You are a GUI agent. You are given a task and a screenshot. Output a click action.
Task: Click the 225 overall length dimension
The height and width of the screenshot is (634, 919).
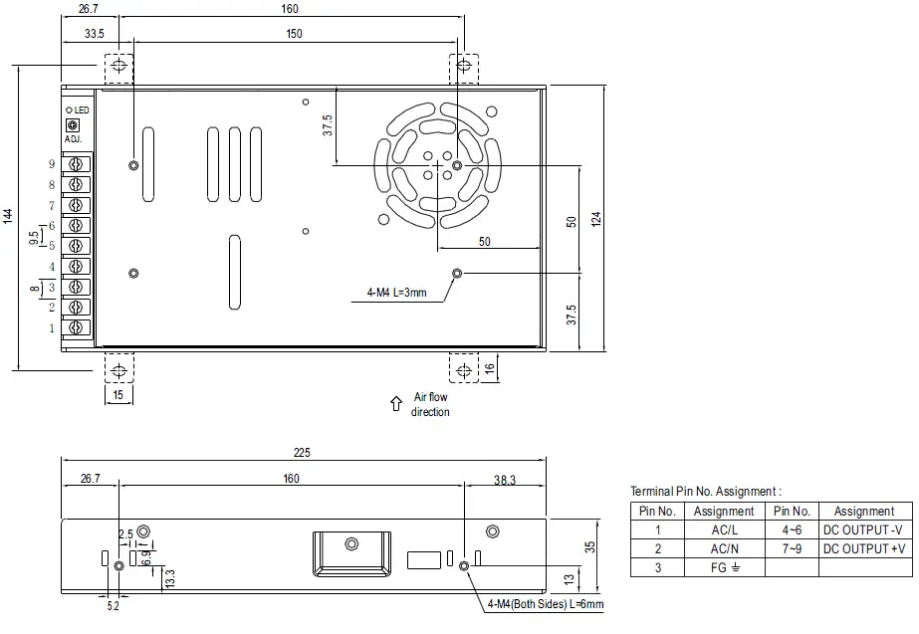coord(302,453)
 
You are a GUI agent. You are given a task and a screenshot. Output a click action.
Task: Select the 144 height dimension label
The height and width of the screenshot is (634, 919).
coord(7,215)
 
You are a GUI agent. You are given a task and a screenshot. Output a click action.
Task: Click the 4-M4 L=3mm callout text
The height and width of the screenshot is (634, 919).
coord(396,293)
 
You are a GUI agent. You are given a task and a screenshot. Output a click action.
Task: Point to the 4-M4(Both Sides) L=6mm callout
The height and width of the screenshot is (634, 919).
coord(545,604)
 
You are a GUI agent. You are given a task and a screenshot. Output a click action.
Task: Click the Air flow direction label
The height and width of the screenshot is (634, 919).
coord(430,404)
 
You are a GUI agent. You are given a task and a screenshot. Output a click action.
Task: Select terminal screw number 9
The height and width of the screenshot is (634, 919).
coord(77,164)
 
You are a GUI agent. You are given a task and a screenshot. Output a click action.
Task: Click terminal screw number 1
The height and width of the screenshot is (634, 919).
coord(77,327)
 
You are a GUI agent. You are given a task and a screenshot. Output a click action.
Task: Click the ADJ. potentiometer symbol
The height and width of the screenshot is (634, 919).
coord(71,125)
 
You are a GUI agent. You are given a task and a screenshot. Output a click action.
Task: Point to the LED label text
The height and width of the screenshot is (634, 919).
coord(81,109)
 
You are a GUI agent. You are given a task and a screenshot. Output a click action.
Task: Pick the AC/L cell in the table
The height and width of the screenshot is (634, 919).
coord(724,529)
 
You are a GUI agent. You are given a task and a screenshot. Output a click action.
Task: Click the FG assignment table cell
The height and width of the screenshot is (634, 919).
coord(724,567)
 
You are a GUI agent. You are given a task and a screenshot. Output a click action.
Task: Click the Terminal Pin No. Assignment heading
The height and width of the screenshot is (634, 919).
coord(705,491)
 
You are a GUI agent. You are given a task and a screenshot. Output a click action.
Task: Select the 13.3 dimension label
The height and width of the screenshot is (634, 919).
coord(169,577)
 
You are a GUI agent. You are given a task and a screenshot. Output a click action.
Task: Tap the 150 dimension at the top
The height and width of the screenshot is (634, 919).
coord(295,34)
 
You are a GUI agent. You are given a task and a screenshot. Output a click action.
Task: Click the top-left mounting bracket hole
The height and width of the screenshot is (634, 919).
coord(119,66)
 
